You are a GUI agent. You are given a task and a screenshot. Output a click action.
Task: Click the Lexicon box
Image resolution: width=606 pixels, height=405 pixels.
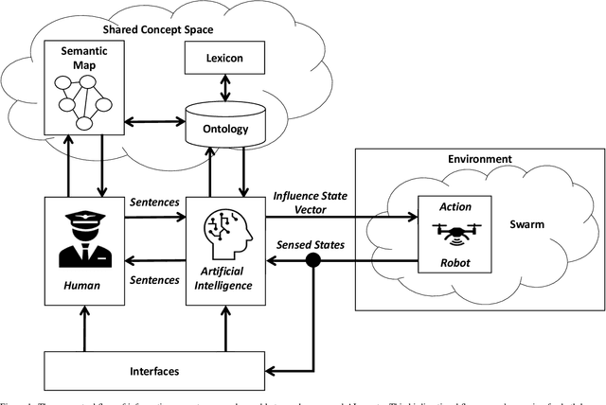(x=225, y=59)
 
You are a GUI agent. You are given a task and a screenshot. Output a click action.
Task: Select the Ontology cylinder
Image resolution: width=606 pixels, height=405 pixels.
(x=225, y=125)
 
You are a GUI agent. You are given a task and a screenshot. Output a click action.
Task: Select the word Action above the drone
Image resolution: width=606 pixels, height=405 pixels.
(x=452, y=205)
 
